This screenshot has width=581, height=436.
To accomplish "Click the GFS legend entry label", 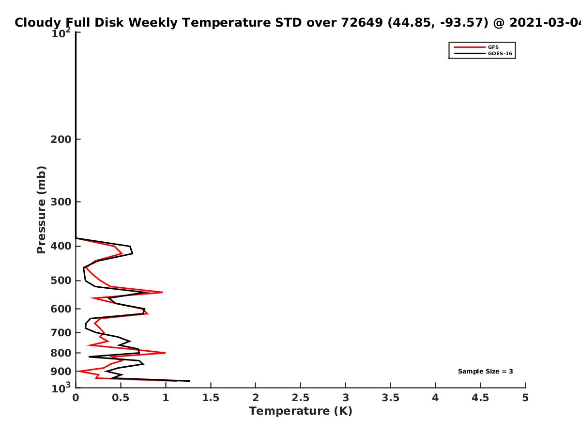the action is tap(493, 47).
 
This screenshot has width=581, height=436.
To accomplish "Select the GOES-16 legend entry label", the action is tap(500, 53).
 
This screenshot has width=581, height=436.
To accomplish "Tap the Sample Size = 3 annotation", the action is tap(486, 372).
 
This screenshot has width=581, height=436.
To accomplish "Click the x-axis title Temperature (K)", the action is tap(301, 411).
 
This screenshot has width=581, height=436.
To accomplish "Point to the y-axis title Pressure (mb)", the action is tap(41, 210).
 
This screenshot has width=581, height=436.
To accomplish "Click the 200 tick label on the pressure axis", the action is tap(61, 139).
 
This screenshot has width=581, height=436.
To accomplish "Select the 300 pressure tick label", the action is tap(61, 202).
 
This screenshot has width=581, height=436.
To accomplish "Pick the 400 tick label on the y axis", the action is tap(61, 246).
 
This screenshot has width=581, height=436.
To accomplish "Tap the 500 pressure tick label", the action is tap(61, 280).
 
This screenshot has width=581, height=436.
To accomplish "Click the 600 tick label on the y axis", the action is tap(61, 309).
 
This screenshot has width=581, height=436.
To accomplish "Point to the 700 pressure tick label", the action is tap(61, 333).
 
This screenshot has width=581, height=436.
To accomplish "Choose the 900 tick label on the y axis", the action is tap(61, 372).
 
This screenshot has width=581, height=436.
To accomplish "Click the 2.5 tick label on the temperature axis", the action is tap(301, 398).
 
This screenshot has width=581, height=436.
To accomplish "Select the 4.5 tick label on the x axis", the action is tap(480, 398).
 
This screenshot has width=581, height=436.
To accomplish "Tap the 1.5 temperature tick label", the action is tap(211, 398).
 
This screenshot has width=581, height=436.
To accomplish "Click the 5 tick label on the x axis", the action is tap(525, 398).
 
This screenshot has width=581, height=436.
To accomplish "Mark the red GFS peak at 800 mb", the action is tap(165, 353).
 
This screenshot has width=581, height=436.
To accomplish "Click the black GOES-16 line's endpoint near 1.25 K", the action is tap(189, 381).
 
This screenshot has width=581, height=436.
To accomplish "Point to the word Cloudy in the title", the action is tap(38, 23).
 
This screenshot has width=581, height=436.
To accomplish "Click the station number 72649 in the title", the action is tap(362, 22).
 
